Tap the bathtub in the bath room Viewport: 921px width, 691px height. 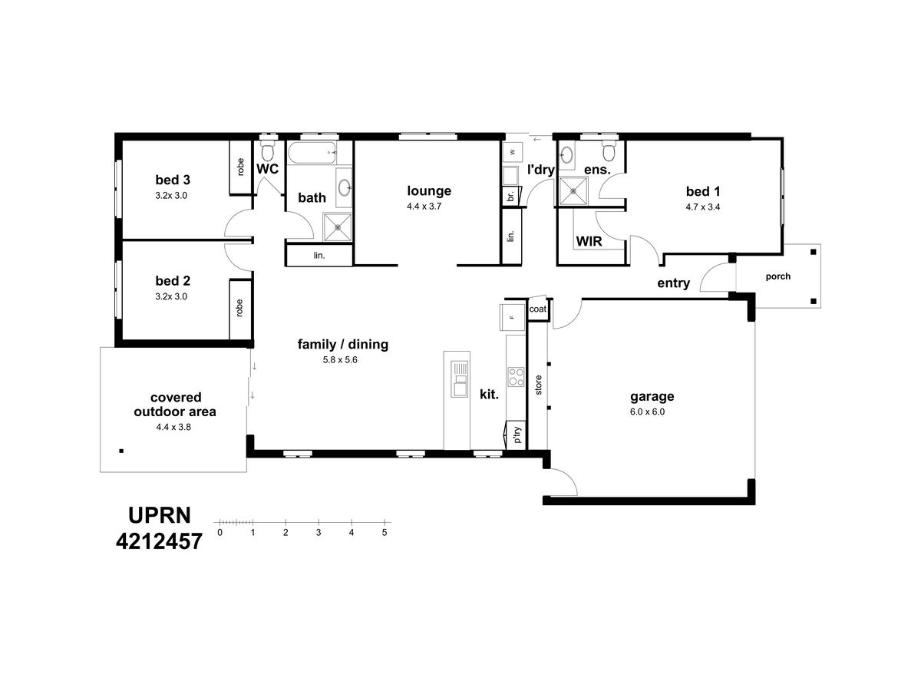coord(312,153)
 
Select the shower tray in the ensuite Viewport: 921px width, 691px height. coord(573,192)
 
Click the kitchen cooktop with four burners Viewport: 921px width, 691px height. coord(516,376)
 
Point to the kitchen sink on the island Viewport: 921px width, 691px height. coord(459,379)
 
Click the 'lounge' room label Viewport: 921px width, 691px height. coord(429,190)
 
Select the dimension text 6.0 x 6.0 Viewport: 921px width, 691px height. coord(647,412)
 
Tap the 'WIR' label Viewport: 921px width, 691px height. coord(589,241)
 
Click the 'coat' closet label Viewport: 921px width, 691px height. coord(537,309)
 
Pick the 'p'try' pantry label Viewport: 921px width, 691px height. coord(518,435)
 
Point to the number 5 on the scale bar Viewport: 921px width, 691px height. coord(385,532)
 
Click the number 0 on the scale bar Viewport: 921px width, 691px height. coord(220,532)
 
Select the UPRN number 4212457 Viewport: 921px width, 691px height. coord(159,541)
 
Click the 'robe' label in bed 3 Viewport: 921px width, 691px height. coord(240,167)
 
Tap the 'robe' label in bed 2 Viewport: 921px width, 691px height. coord(239,308)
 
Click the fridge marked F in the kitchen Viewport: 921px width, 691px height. coord(512,317)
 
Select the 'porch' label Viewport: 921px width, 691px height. coord(778,276)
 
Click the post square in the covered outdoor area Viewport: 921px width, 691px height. coord(121,451)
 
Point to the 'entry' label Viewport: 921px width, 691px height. coord(673,283)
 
